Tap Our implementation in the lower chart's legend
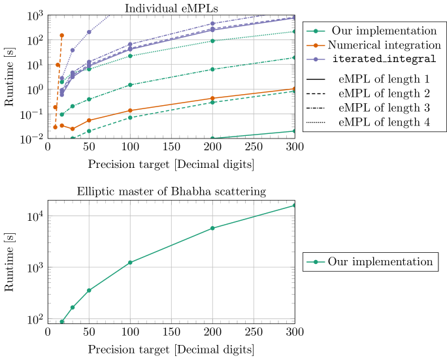pyautogui.click(x=380, y=261)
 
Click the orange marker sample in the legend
pyautogui.click(x=316, y=45)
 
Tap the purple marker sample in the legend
pyautogui.click(x=316, y=59)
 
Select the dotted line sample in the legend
pyautogui.click(x=316, y=122)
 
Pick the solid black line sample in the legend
pyautogui.click(x=316, y=79)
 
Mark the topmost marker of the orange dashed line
pyautogui.click(x=62, y=35)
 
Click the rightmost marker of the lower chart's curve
pyautogui.click(x=295, y=205)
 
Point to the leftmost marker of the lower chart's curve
pyautogui.click(x=62, y=321)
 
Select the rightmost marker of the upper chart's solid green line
pyautogui.click(x=295, y=131)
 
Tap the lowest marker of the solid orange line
pyautogui.click(x=73, y=129)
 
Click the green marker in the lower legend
pyautogui.click(x=316, y=261)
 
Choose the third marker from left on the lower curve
pyautogui.click(x=89, y=290)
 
